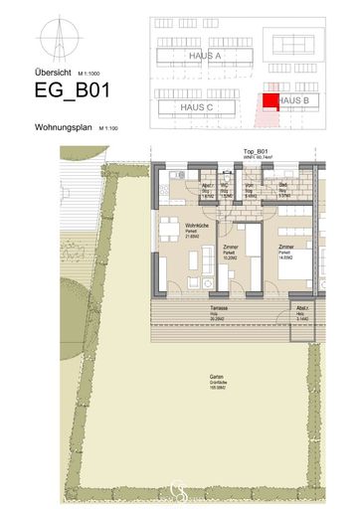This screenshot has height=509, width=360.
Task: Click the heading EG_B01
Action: point(73,90)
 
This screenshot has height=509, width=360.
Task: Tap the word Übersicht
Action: point(51,71)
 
